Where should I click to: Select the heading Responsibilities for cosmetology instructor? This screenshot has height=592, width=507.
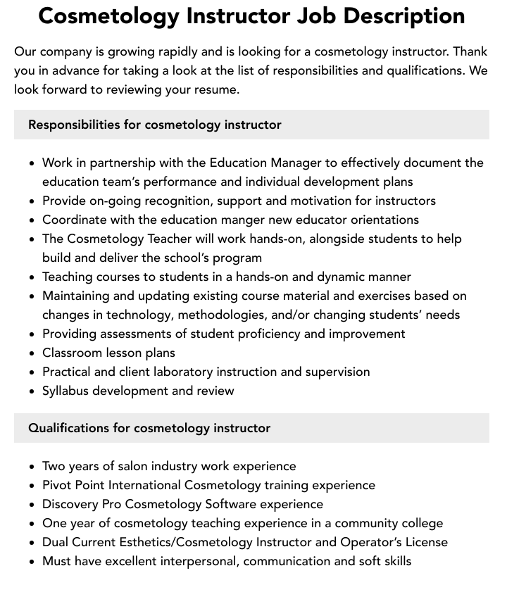click(x=155, y=125)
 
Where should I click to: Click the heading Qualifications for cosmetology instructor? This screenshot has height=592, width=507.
click(x=149, y=428)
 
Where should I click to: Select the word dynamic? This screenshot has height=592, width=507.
click(x=344, y=277)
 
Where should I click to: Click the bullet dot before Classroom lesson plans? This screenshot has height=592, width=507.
click(x=32, y=353)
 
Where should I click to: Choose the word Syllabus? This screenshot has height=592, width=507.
click(x=65, y=391)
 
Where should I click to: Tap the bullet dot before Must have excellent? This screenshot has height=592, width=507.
click(x=32, y=562)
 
